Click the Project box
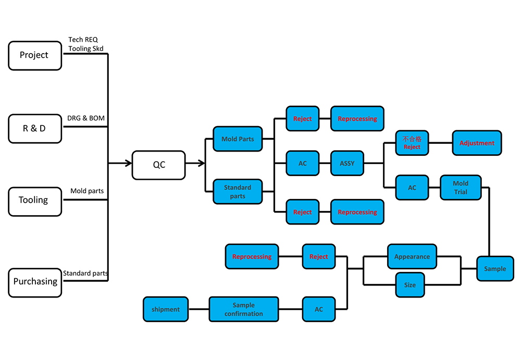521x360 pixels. pyautogui.click(x=34, y=55)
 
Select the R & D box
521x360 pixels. pyautogui.click(x=34, y=128)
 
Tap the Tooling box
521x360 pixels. pyautogui.click(x=34, y=201)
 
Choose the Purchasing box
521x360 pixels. pyautogui.click(x=35, y=282)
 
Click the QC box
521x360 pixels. pyautogui.click(x=158, y=165)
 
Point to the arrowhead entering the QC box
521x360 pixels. pyautogui.click(x=128, y=164)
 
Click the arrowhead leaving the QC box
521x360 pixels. pyautogui.click(x=201, y=164)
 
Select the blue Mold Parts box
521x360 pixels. pyautogui.click(x=238, y=139)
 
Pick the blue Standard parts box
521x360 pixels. pyautogui.click(x=238, y=192)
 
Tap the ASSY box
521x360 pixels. pyautogui.click(x=347, y=164)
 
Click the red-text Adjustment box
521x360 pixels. pyautogui.click(x=477, y=143)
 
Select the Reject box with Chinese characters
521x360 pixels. pyautogui.click(x=412, y=143)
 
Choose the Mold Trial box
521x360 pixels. pyautogui.click(x=460, y=188)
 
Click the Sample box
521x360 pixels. pyautogui.click(x=494, y=269)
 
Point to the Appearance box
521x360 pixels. pyautogui.click(x=412, y=257)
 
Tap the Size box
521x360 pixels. pyautogui.click(x=410, y=285)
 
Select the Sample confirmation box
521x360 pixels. pyautogui.click(x=243, y=309)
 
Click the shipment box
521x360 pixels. pyautogui.click(x=166, y=309)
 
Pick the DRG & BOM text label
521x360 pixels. pyautogui.click(x=86, y=118)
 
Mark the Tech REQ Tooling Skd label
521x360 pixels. pyautogui.click(x=86, y=44)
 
